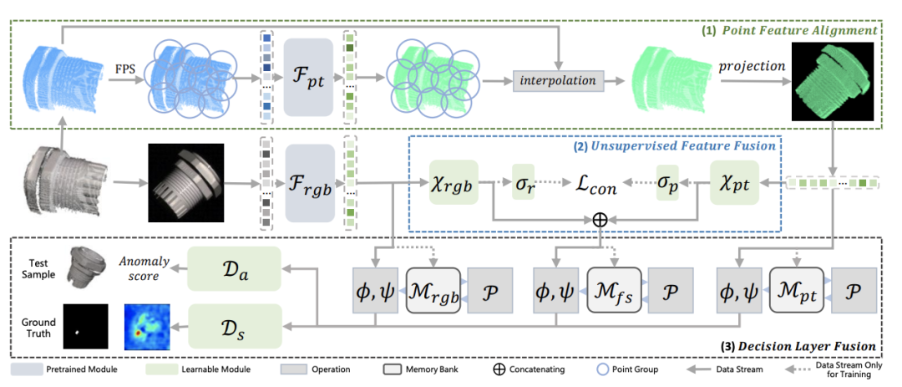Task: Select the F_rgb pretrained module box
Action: coord(310,184)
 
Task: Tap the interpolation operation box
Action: coord(558,80)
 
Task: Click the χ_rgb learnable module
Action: coord(454,181)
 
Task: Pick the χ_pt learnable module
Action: coord(735,182)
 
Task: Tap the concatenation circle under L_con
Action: coord(600,220)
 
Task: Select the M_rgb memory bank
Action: coord(433,290)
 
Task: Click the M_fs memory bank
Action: coord(614,290)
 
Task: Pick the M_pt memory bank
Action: coord(797,290)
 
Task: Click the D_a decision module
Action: coord(234,268)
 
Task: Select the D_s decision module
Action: coord(234,327)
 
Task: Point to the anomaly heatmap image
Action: coord(147,327)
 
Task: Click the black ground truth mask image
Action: coord(86,327)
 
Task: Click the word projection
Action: coord(752,66)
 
